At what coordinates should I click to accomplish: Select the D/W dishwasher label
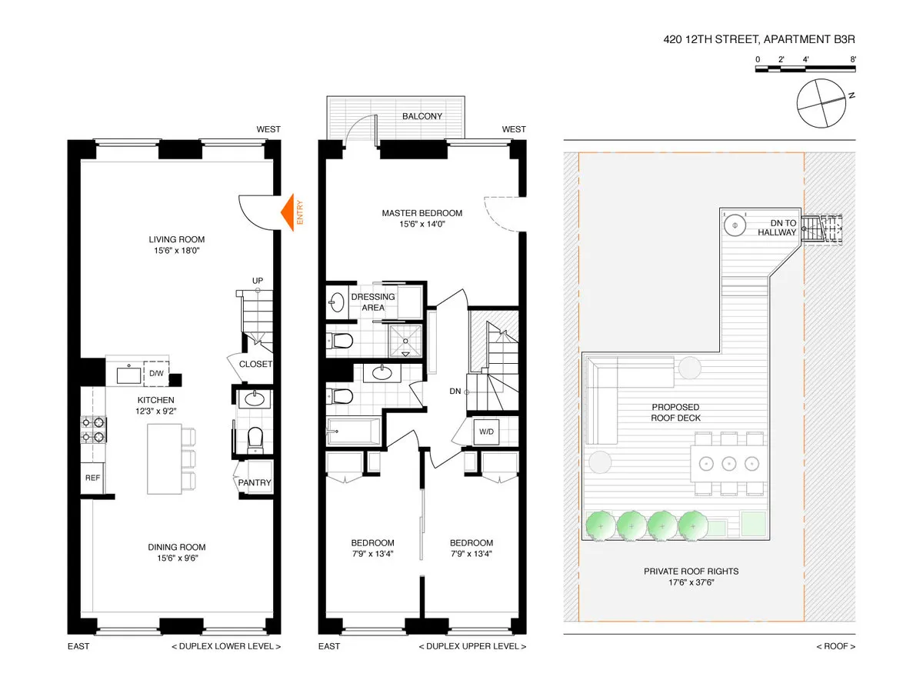[x=156, y=374]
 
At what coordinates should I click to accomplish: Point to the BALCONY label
[x=422, y=116]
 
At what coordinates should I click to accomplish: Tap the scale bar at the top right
[x=805, y=69]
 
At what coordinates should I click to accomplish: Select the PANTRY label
[x=254, y=483]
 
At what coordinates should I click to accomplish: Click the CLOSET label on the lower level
[x=255, y=364]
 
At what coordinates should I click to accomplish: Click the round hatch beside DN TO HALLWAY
[x=735, y=226]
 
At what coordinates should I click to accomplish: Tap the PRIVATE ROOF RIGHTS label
[x=691, y=571]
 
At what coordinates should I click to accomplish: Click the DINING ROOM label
[x=177, y=547]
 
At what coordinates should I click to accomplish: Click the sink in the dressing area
[x=337, y=302]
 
